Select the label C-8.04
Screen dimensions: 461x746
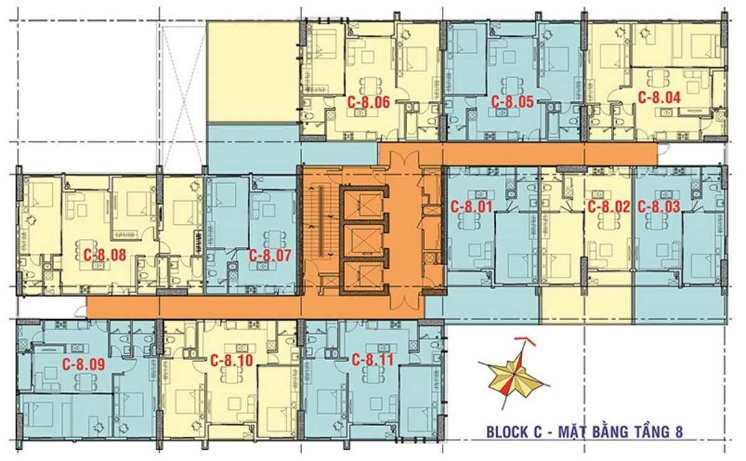tap(660, 98)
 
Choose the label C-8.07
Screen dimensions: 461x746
tap(270, 254)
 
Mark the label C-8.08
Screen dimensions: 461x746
tap(104, 254)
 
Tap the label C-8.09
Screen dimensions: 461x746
tap(83, 364)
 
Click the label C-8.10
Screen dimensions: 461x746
tap(231, 360)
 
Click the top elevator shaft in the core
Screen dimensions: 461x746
tap(363, 203)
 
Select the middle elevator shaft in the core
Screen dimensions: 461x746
tap(363, 239)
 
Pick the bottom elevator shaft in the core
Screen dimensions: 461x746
tap(363, 274)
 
